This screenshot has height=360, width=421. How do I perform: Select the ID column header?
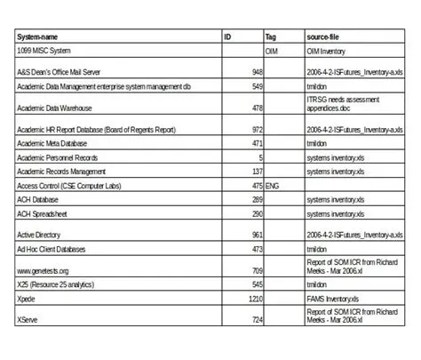[228, 37]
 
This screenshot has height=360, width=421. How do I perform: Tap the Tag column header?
[272, 37]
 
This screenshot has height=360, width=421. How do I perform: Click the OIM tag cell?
[274, 52]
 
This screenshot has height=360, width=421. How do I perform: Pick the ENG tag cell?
[274, 186]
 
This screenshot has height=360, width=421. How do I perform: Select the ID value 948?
[257, 71]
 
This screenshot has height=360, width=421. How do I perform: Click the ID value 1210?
[255, 301]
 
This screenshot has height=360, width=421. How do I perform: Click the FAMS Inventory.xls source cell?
[337, 301]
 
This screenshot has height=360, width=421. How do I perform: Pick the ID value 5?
[260, 156]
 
